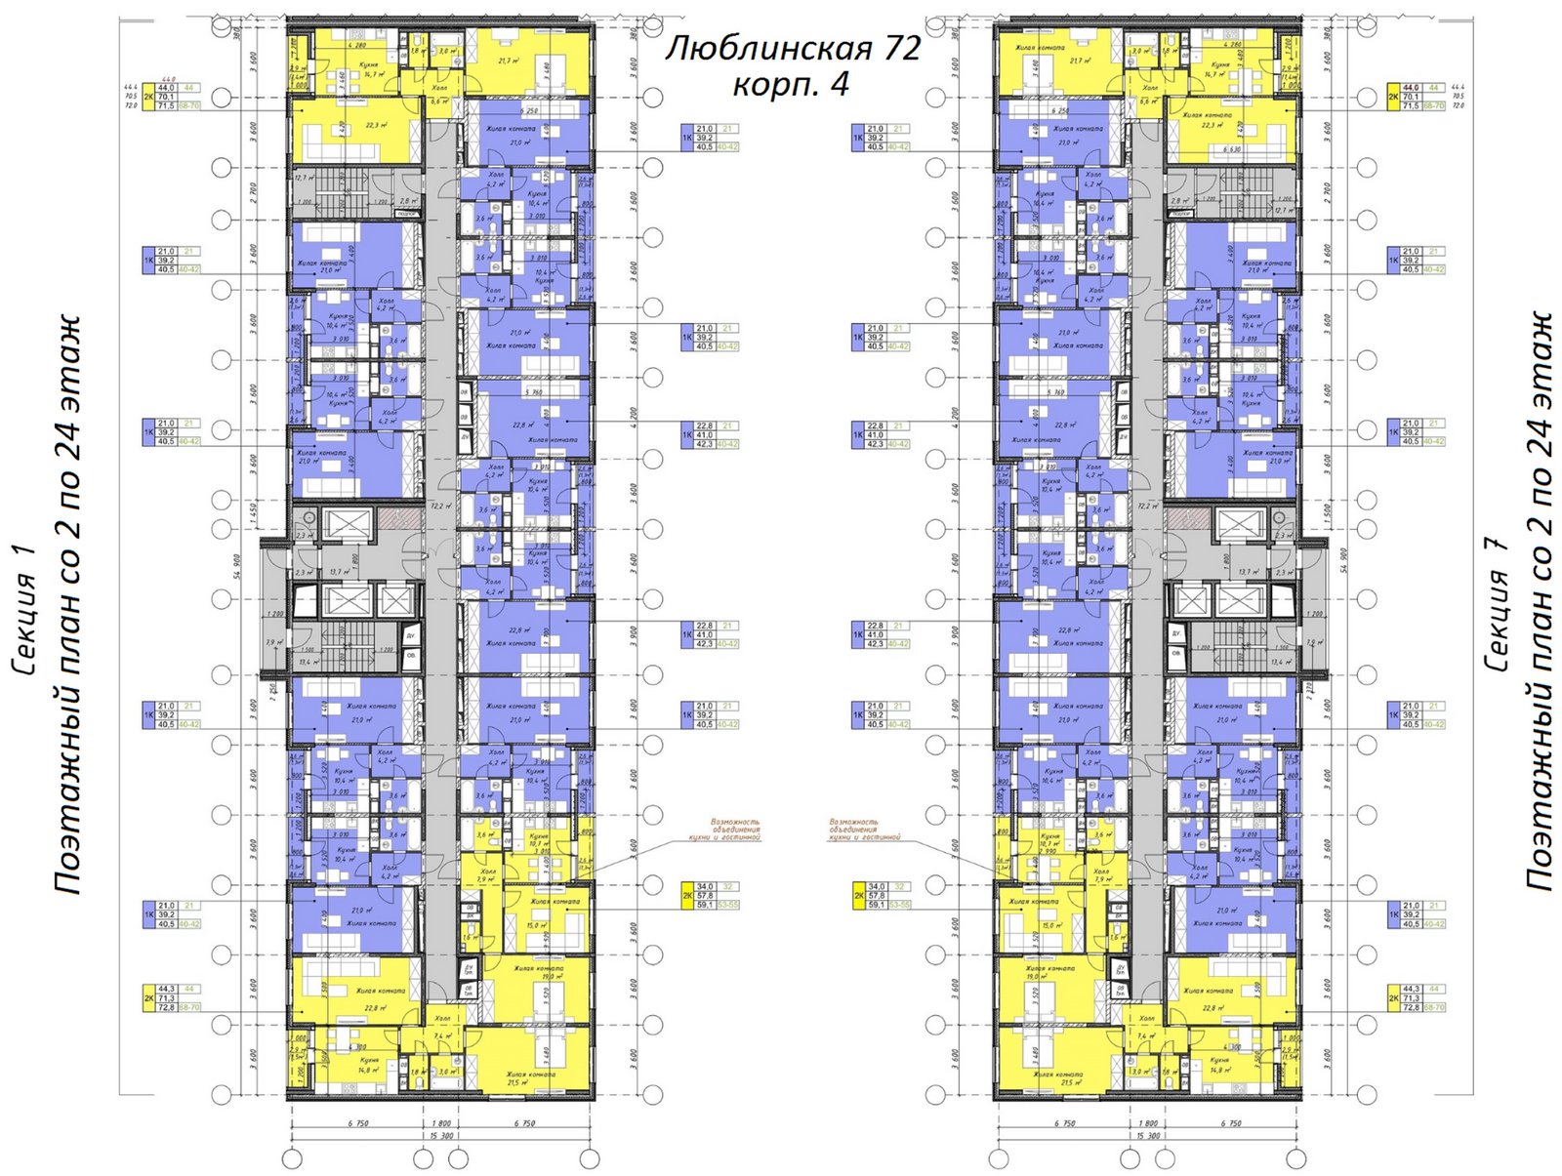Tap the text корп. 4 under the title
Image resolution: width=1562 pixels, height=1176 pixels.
791,85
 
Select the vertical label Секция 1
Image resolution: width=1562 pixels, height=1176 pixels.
25,610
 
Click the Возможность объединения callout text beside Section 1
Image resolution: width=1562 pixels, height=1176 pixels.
722,830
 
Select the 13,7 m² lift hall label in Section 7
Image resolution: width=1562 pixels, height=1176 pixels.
1247,571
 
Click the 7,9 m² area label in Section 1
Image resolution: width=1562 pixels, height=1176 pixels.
273,641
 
